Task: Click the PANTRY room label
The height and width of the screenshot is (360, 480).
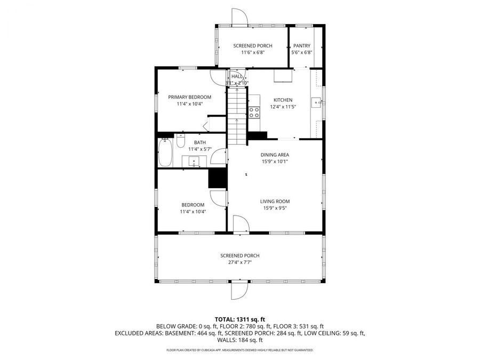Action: point(301,46)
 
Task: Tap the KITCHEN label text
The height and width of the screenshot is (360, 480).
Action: point(283,100)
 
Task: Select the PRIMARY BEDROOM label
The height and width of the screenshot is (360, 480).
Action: point(189,97)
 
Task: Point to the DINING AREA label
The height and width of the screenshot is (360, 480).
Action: point(275,155)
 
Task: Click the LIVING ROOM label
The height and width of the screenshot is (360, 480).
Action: point(275,201)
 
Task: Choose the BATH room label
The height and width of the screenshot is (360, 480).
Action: point(199,142)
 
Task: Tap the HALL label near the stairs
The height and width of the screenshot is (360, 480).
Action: point(237,77)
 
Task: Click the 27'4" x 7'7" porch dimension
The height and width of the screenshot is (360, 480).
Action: point(239,262)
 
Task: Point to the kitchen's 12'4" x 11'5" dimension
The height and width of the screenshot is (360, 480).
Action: point(283,107)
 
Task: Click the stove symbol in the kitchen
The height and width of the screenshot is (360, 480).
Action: point(254,112)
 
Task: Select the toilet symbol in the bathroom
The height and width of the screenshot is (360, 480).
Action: point(180,142)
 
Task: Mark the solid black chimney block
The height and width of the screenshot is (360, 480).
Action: point(218,178)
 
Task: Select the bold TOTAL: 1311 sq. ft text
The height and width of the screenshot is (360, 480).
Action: point(239,318)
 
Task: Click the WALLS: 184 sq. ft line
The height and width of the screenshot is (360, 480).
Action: point(239,340)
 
